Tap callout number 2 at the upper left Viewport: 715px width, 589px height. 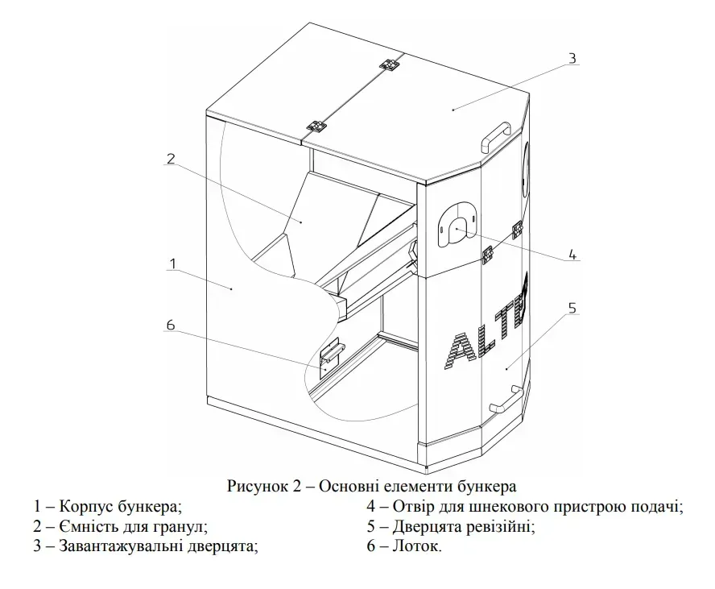[170, 159]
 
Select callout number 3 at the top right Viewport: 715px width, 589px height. [571, 58]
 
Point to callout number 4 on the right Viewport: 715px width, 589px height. [572, 255]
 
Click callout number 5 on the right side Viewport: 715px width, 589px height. [572, 308]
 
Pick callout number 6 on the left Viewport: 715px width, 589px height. [170, 325]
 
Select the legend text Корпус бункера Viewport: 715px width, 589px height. [122, 507]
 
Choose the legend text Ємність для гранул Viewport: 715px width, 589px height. [134, 527]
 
